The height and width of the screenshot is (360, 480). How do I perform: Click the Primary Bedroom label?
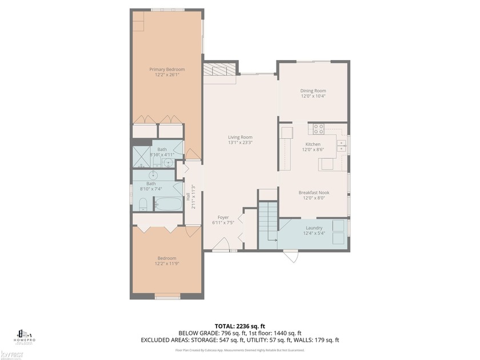click(167, 69)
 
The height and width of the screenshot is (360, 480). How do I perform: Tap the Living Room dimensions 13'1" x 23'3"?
click(240, 143)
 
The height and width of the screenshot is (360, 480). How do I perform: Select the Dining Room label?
click(313, 90)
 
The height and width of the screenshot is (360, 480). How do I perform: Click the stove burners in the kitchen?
click(318, 129)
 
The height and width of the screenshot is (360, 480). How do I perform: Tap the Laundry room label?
click(314, 227)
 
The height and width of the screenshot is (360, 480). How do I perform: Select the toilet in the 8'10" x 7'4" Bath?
click(143, 205)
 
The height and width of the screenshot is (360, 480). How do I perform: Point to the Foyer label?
click(223, 217)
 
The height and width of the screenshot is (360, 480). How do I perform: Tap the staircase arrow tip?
click(276, 241)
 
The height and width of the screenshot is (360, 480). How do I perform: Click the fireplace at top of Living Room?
click(219, 70)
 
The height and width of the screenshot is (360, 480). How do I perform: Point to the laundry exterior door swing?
click(292, 257)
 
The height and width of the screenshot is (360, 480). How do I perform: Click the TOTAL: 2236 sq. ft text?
click(240, 325)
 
